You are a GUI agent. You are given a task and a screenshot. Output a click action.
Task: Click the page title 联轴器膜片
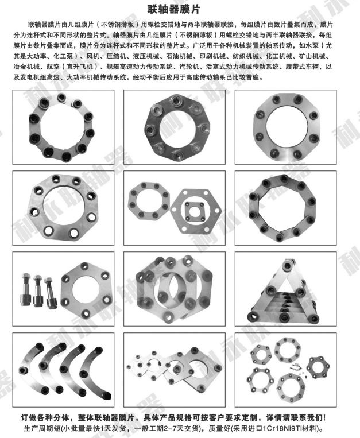tap(180, 9)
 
